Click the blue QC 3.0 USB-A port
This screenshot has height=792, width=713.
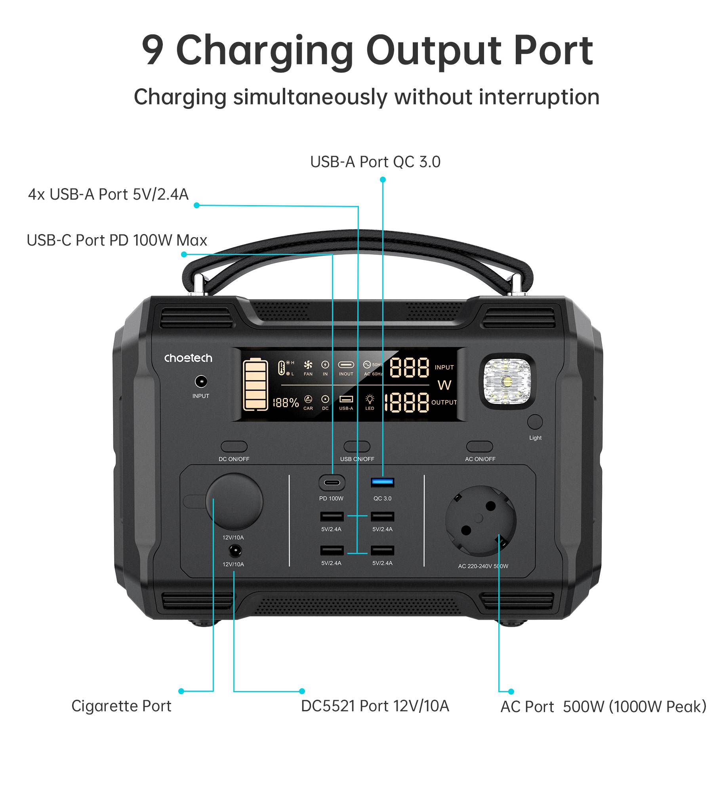click(382, 482)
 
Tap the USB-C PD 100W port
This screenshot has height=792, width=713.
click(332, 483)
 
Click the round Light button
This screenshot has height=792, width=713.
click(535, 422)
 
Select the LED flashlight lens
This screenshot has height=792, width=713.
click(507, 381)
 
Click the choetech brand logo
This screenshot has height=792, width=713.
click(188, 358)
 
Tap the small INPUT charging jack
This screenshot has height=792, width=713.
click(201, 382)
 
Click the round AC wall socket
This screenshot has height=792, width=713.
click(480, 521)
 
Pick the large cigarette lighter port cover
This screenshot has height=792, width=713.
click(234, 501)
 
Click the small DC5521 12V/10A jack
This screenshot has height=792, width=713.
click(235, 550)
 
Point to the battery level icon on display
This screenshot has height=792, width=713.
click(255, 385)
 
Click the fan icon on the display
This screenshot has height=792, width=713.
click(308, 365)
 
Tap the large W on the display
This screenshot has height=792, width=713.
click(444, 385)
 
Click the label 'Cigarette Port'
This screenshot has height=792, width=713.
click(121, 706)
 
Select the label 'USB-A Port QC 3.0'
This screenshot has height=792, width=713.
click(375, 162)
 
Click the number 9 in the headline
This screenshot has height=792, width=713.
click(153, 51)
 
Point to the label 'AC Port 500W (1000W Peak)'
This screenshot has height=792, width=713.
click(603, 707)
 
